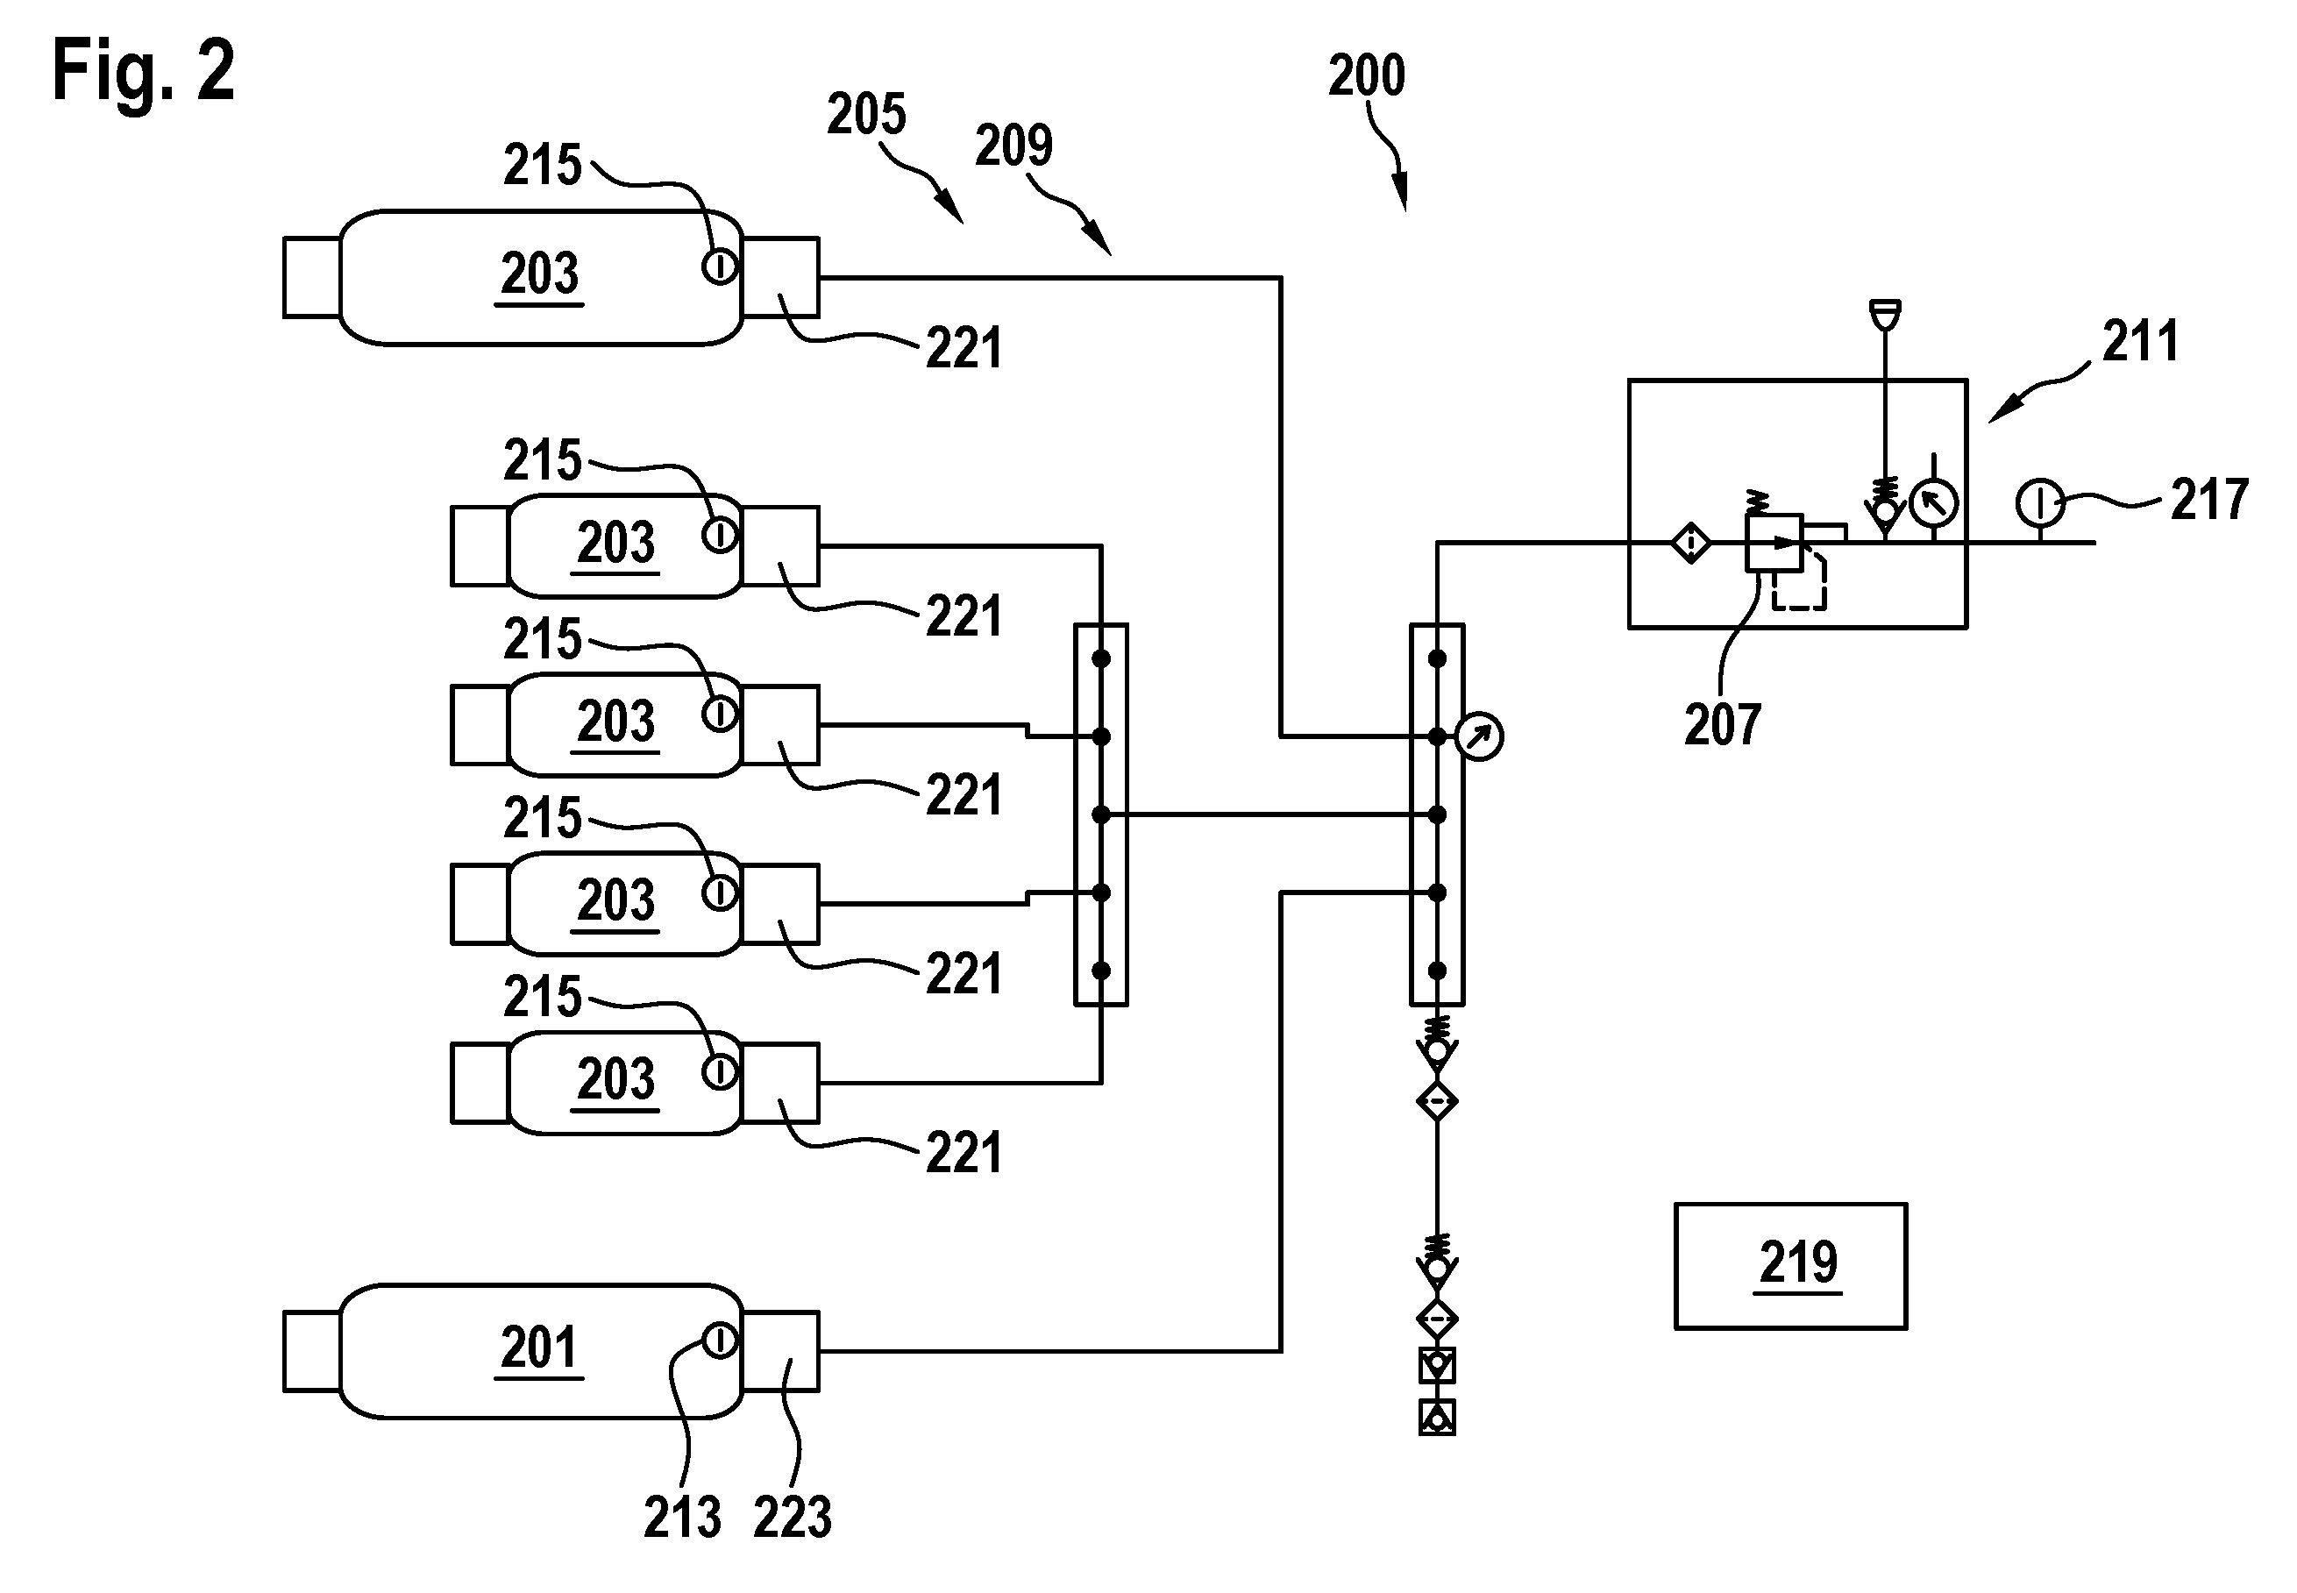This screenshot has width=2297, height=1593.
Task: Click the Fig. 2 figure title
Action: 144,70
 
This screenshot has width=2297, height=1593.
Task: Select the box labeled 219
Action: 1790,1266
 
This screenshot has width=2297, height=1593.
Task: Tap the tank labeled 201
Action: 542,1350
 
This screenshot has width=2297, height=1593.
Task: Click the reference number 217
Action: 2209,499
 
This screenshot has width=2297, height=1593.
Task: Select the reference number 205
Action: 866,114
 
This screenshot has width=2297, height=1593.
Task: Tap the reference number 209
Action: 1013,146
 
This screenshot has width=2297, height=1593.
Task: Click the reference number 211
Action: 2140,341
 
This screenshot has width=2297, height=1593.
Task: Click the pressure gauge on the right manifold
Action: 1479,736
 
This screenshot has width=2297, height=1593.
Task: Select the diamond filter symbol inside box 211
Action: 1690,543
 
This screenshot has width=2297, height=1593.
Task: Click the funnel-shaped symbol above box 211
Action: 1885,315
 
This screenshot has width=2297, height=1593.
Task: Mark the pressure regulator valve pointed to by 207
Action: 1773,543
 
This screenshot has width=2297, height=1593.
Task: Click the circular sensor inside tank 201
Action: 720,1341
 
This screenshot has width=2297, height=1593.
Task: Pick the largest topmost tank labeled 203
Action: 542,277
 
